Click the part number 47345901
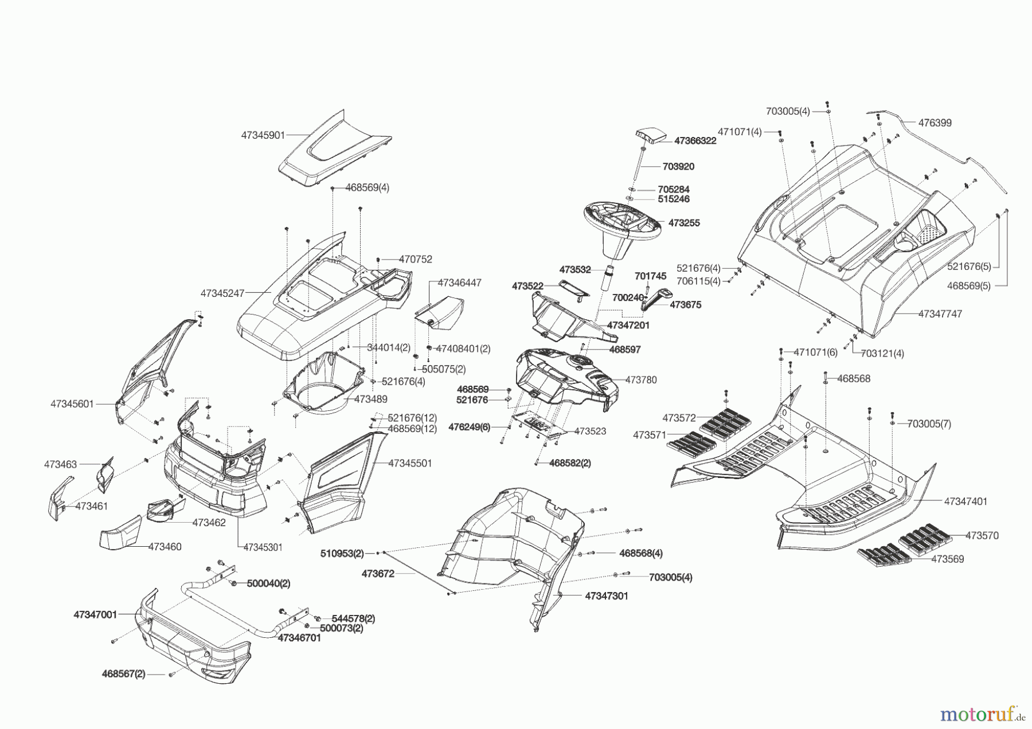pyautogui.click(x=263, y=135)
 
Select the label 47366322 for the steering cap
pyautogui.click(x=695, y=140)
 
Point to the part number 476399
pyautogui.click(x=935, y=123)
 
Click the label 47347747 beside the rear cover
pyautogui.click(x=940, y=314)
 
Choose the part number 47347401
pyautogui.click(x=965, y=501)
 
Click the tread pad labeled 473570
pyautogui.click(x=924, y=536)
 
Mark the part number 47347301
pyautogui.click(x=607, y=596)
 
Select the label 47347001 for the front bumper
pyautogui.click(x=95, y=614)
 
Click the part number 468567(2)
pyautogui.click(x=124, y=674)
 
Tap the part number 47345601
pyautogui.click(x=72, y=403)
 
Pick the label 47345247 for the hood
pyautogui.click(x=222, y=293)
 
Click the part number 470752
pyautogui.click(x=416, y=259)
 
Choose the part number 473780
pyautogui.click(x=641, y=379)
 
